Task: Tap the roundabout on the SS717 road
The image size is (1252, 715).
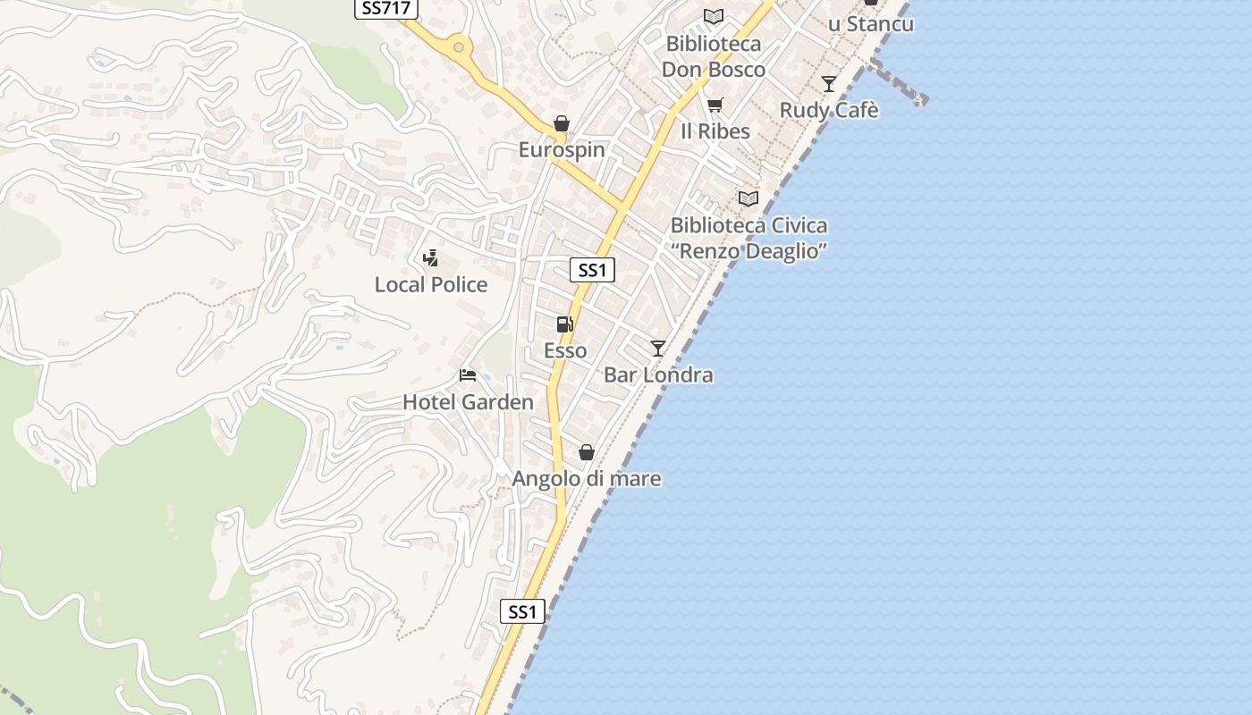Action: point(459,46)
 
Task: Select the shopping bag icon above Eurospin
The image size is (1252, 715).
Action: point(561,123)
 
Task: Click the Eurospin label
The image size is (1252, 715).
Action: point(562,150)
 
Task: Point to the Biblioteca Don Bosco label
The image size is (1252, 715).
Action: point(714,56)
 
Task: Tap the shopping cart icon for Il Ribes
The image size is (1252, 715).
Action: point(715,105)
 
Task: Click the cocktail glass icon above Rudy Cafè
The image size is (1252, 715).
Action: point(829,84)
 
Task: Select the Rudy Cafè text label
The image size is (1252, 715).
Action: point(829,111)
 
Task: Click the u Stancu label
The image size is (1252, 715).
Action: point(870,24)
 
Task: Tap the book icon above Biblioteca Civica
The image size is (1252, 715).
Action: point(749,198)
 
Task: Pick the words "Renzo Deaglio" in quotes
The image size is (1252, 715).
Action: point(749,251)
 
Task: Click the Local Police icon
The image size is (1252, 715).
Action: point(430,258)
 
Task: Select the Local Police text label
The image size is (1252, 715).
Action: point(431,285)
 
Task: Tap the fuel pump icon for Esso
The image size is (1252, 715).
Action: point(564,324)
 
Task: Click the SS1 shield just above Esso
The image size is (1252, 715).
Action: point(592,270)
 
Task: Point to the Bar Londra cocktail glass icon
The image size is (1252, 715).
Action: point(658,349)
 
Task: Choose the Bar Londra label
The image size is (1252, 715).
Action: point(658,375)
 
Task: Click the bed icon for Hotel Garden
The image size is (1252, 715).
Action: point(467,375)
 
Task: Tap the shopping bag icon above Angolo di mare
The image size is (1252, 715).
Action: point(587,453)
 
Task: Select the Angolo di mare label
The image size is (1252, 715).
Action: point(587,479)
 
